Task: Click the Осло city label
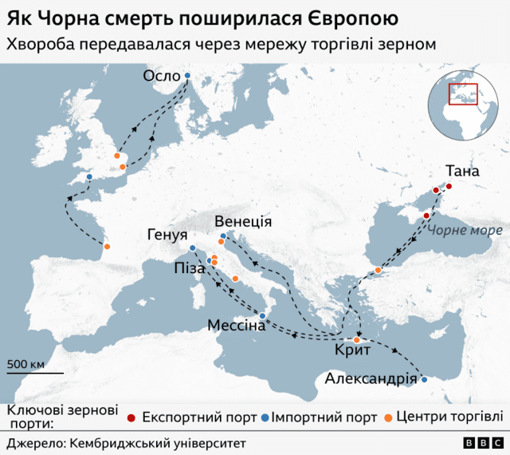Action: click(161, 76)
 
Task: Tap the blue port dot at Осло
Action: click(187, 76)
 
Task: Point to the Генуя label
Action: click(167, 235)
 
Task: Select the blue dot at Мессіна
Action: click(262, 316)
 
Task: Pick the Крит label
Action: click(351, 350)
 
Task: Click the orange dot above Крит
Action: click(357, 340)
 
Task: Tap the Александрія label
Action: click(371, 378)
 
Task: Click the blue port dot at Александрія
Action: click(425, 379)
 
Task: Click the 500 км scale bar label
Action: click(26, 364)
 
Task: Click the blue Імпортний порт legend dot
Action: click(265, 417)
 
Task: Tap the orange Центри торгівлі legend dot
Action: click(388, 417)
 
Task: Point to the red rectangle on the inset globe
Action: click(462, 94)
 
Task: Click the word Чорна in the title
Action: click(76, 17)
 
